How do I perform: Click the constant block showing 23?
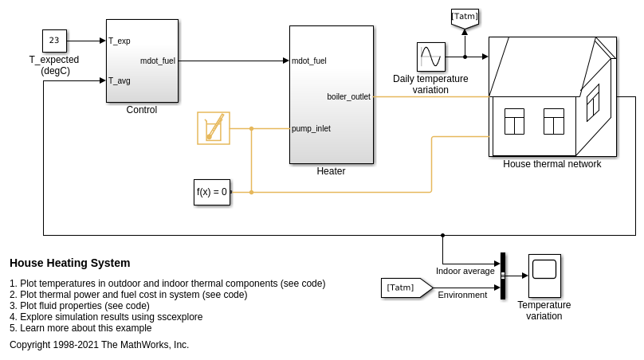54,41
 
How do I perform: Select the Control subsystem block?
142,61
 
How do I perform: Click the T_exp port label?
120,41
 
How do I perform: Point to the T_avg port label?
120,80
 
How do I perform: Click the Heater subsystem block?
331,94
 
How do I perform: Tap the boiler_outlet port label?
348,96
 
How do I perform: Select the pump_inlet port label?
311,128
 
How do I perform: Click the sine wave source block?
430,57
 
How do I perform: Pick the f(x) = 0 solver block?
212,192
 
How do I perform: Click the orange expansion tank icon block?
214,128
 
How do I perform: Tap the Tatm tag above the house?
465,17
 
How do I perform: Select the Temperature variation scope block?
544,276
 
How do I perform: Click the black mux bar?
503,276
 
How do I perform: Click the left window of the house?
514,122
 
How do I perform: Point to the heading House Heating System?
69,263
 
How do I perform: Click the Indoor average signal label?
465,271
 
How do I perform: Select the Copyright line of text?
99,345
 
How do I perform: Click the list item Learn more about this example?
80,328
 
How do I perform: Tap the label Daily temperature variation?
430,84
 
